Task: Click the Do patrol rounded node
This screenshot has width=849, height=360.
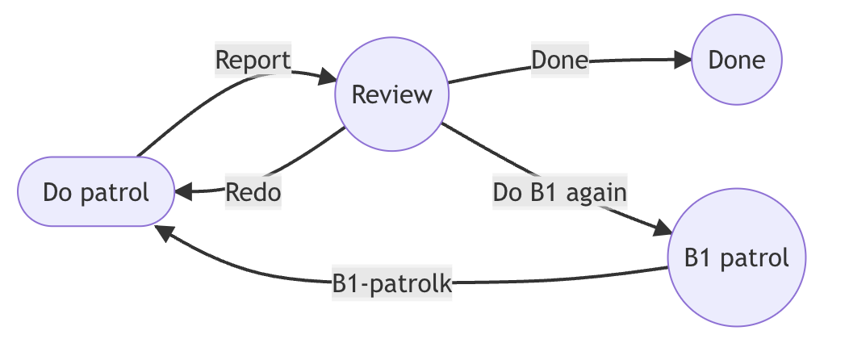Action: (96, 192)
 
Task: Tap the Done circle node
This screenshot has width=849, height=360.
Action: (736, 60)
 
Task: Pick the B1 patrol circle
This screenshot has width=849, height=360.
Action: (736, 258)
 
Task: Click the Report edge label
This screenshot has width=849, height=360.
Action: (253, 60)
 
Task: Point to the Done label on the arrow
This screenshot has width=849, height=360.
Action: (559, 61)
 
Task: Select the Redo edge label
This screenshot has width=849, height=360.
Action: (253, 193)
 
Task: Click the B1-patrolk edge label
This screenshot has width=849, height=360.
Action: (391, 284)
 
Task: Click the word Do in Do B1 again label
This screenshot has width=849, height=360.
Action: (506, 193)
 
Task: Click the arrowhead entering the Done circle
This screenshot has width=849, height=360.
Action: (684, 60)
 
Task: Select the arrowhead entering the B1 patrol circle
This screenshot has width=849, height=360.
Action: (663, 229)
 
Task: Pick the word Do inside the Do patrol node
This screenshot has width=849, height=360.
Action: (59, 193)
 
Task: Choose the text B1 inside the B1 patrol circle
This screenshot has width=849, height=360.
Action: (699, 258)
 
